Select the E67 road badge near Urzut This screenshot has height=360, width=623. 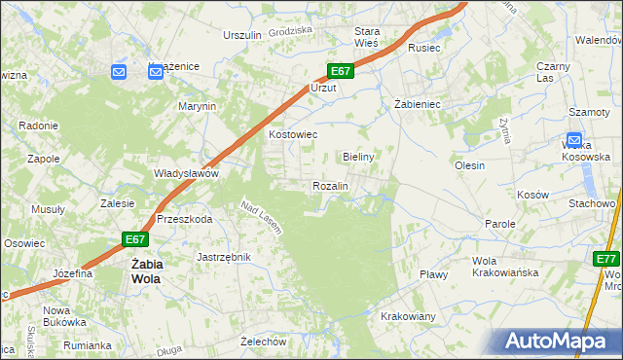pyautogui.click(x=339, y=71)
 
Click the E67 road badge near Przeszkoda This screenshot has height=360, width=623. pyautogui.click(x=135, y=239)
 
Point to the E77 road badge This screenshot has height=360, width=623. pyautogui.click(x=606, y=259)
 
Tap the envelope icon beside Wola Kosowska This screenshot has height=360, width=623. pyautogui.click(x=573, y=140)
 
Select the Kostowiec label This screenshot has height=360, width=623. pyautogui.click(x=293, y=135)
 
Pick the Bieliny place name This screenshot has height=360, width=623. pyautogui.click(x=359, y=157)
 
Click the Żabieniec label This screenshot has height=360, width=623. pyautogui.click(x=419, y=103)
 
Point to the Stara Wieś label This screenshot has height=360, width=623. pyautogui.click(x=367, y=37)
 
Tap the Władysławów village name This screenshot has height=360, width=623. pyautogui.click(x=186, y=174)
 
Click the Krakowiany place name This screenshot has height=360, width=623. pyautogui.click(x=408, y=317)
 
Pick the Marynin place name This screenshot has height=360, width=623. pyautogui.click(x=196, y=106)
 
